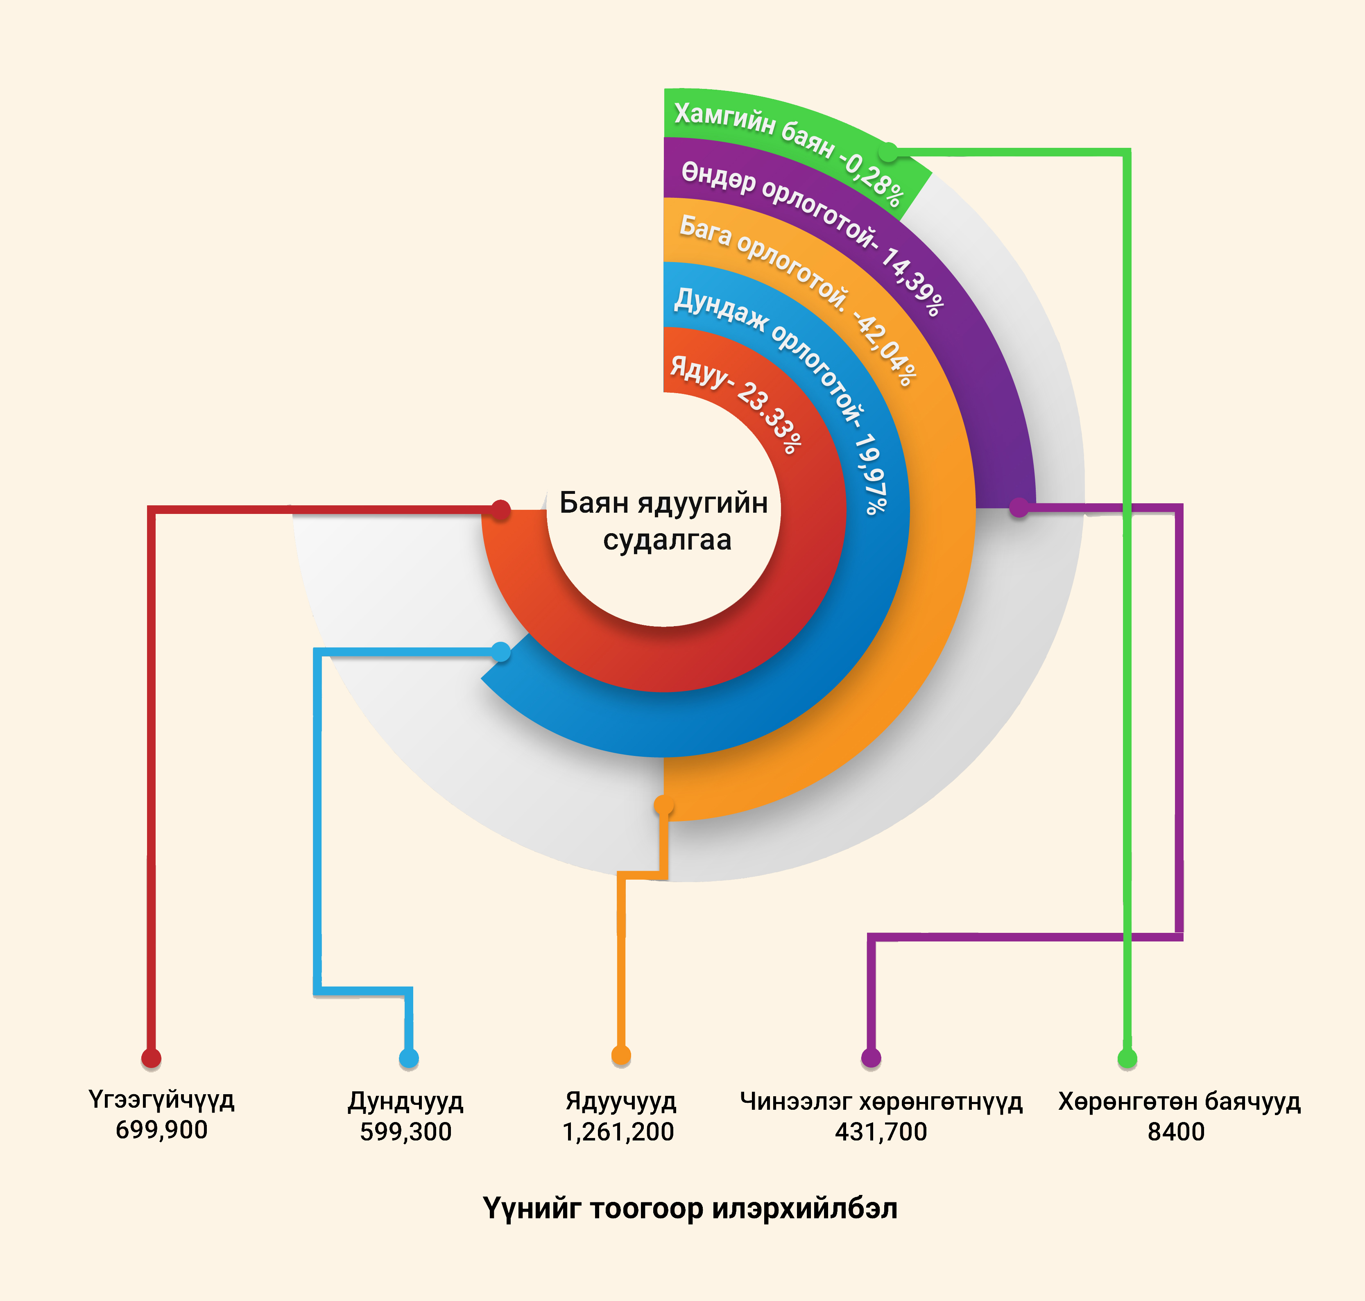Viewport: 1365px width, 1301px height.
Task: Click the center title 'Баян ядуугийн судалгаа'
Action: (664, 521)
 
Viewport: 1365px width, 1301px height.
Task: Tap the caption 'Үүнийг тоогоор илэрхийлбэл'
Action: (690, 1209)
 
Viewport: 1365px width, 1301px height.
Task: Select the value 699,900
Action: (162, 1130)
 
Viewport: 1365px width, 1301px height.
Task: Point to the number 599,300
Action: (406, 1132)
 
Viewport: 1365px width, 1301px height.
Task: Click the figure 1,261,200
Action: (618, 1132)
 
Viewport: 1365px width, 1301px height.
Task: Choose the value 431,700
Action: (881, 1132)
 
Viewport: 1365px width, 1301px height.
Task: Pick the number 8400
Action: (1176, 1132)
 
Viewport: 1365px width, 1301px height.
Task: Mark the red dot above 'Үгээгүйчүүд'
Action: (151, 1058)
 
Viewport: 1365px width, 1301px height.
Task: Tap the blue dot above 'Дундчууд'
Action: (409, 1058)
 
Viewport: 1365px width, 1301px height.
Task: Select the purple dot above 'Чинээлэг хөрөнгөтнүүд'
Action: (871, 1058)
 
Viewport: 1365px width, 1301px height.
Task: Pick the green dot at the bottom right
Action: (1128, 1058)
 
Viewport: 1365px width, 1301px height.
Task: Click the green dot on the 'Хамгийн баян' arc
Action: (888, 151)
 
